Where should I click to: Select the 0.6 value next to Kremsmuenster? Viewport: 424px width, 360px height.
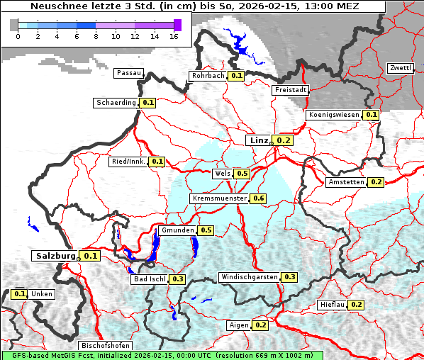pos(258,198)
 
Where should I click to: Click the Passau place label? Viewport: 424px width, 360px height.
pos(128,73)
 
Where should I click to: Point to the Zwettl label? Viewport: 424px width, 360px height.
pos(400,68)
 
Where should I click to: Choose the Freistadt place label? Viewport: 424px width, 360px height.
pos(290,90)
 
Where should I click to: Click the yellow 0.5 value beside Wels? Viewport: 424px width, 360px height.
pos(242,174)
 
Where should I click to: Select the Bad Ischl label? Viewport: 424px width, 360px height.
pos(149,279)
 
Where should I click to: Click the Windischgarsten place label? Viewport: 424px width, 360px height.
pos(249,277)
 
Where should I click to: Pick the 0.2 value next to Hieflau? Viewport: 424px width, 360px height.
pos(357,305)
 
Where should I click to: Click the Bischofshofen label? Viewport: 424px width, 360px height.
pos(105,346)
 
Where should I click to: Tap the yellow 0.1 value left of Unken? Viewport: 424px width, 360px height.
pos(19,294)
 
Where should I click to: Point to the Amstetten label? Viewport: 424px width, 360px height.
pos(346,182)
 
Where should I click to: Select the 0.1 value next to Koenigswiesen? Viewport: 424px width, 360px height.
pos(372,115)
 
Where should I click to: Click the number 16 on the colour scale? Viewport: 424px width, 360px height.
pos(174,36)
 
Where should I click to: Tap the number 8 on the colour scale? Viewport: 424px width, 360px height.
pos(96,36)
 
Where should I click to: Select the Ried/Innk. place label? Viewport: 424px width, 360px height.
pos(128,162)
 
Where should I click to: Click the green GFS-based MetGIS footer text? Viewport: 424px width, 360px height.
pos(162,354)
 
